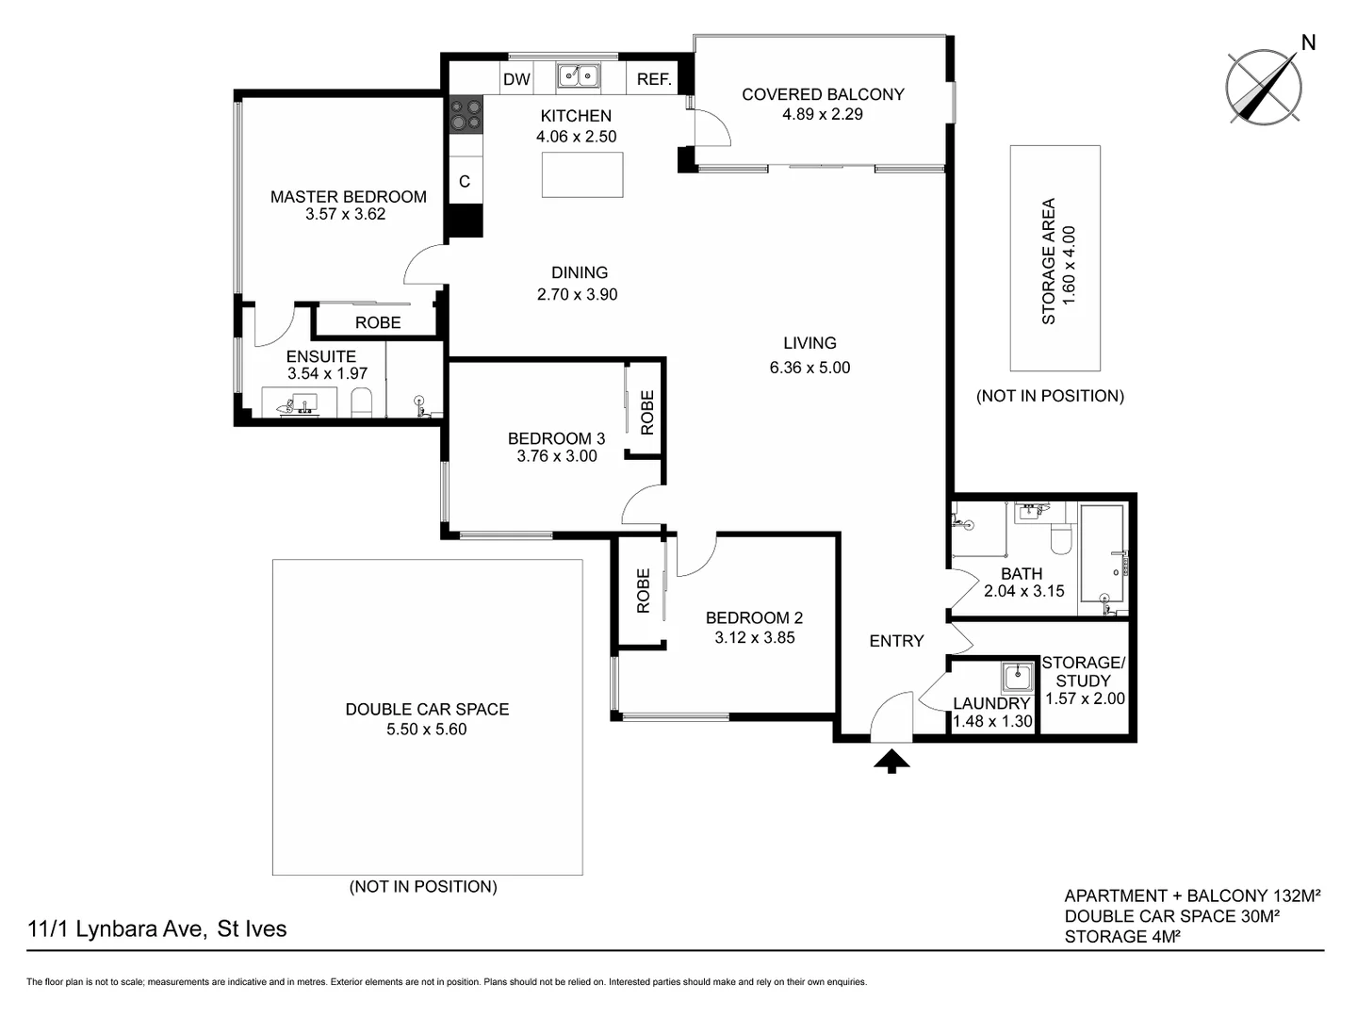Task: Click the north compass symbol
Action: (x=1264, y=87)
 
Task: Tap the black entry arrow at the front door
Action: (x=891, y=760)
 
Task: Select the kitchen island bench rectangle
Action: (x=581, y=174)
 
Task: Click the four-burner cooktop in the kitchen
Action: (x=466, y=115)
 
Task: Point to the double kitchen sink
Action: (x=579, y=75)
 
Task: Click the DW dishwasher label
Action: (x=516, y=79)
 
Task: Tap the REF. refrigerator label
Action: (x=654, y=79)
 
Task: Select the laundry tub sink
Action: (x=1017, y=677)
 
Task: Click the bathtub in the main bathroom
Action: (x=1102, y=553)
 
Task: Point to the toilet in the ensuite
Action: (x=362, y=404)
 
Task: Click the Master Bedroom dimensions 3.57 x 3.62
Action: (x=345, y=214)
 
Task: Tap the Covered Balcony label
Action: (x=823, y=94)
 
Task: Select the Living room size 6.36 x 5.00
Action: (x=809, y=368)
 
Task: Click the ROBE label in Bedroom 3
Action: (x=646, y=412)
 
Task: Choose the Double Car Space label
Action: (x=427, y=709)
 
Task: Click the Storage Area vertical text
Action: (x=1048, y=261)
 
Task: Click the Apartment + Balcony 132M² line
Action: (x=1192, y=895)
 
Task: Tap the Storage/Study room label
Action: (x=1083, y=671)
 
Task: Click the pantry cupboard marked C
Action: (x=465, y=181)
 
